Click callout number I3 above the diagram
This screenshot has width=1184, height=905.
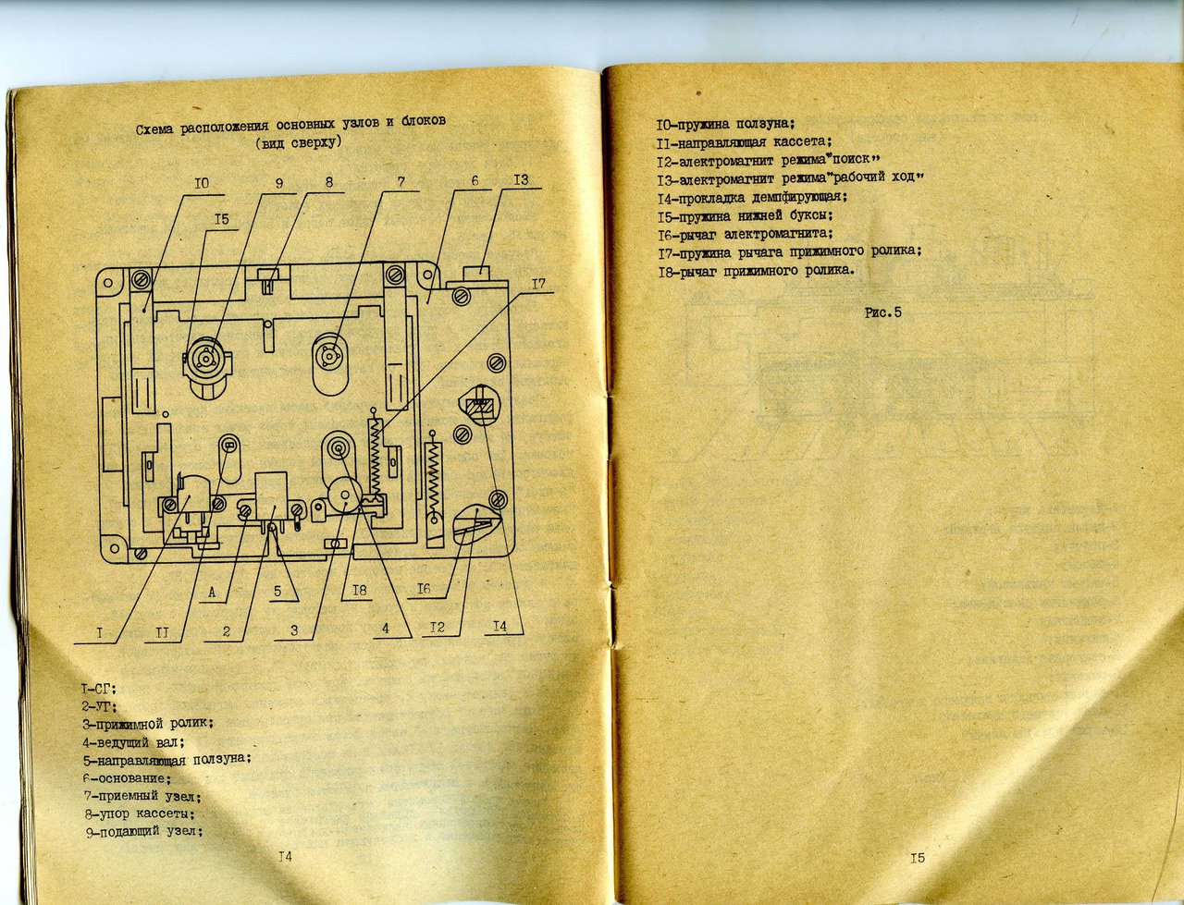pyautogui.click(x=521, y=179)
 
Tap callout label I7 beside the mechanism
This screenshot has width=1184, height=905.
pyautogui.click(x=539, y=284)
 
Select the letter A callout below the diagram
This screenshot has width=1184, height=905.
pyautogui.click(x=212, y=593)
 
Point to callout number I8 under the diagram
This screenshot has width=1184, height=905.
pyautogui.click(x=359, y=590)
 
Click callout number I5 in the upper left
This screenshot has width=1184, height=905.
pyautogui.click(x=221, y=219)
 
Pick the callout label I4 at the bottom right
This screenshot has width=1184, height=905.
pyautogui.click(x=500, y=627)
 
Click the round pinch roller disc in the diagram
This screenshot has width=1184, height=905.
pyautogui.click(x=343, y=495)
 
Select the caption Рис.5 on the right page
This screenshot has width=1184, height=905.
pyautogui.click(x=883, y=312)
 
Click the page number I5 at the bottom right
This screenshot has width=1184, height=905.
pyautogui.click(x=917, y=858)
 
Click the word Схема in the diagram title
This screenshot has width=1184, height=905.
pyautogui.click(x=155, y=130)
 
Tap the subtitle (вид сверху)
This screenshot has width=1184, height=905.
pyautogui.click(x=299, y=143)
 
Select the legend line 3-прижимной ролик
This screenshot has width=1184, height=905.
pyautogui.click(x=148, y=724)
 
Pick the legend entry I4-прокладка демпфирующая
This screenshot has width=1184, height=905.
pyautogui.click(x=752, y=198)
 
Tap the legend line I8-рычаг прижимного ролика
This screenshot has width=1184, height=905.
pyautogui.click(x=757, y=271)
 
